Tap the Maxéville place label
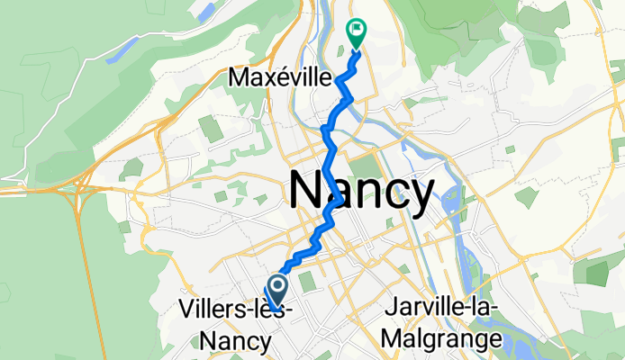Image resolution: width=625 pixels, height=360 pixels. point(280,78)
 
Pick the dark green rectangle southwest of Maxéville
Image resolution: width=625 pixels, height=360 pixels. point(211,129)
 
